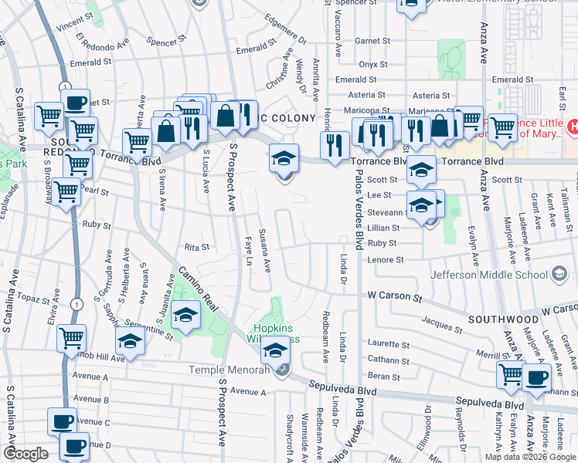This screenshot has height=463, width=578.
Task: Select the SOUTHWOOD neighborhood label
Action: pos(502,319)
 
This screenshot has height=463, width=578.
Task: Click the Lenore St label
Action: pos(386,260)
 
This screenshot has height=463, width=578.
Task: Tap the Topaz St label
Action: pos(37,297)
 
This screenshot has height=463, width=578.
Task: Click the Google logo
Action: pos(25,454)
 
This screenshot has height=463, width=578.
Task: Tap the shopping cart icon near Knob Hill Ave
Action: pos(71,338)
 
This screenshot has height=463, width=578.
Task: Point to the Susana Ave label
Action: pos(264,250)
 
